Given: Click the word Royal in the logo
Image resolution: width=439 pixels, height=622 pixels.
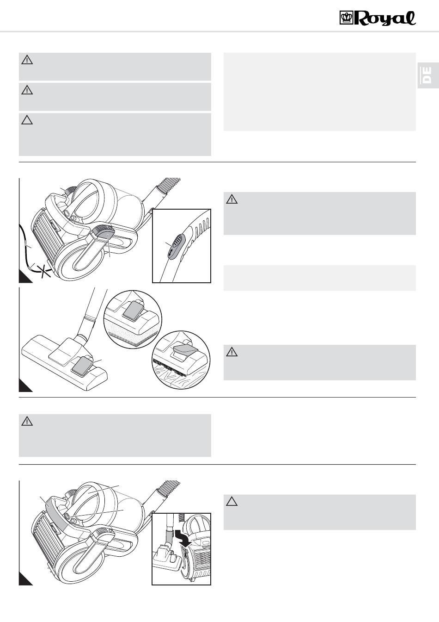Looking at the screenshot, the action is click(x=385, y=19).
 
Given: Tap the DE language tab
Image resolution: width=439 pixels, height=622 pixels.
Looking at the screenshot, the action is click(x=428, y=75).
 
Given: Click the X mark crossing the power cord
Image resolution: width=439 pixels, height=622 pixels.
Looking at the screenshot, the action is click(x=44, y=271).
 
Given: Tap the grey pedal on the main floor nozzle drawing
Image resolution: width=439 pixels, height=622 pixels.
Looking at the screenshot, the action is click(x=82, y=367).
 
